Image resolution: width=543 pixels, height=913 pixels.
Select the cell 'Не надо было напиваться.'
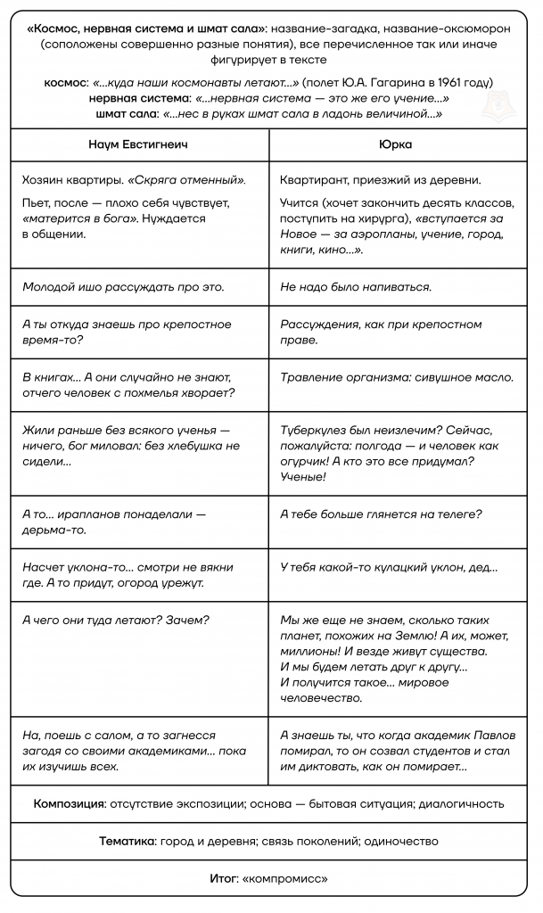pos(356,286)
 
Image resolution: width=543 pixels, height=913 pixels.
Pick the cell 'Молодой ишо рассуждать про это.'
pos(123,286)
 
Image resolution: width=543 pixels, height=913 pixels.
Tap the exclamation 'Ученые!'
pos(303,477)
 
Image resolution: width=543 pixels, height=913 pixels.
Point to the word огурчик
pos(303,461)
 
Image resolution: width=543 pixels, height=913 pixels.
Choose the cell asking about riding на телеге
pos(381,514)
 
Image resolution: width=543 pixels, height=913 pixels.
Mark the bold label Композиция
pos(69,803)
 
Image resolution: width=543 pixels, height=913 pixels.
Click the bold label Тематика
pos(126,841)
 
